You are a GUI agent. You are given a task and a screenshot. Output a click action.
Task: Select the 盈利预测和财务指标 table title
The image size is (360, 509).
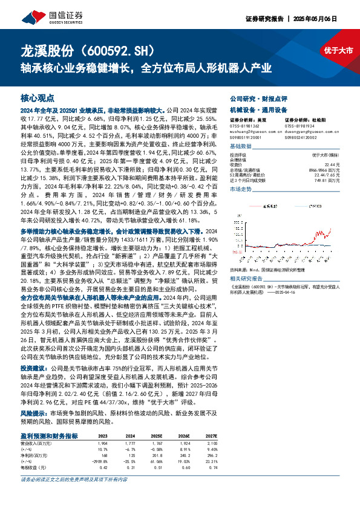pyautogui.click(x=49, y=435)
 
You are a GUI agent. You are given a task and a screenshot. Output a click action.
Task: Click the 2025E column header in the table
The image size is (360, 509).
pyautogui.click(x=157, y=436)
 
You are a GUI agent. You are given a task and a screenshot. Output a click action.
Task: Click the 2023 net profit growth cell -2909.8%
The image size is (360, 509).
pyautogui.click(x=99, y=461)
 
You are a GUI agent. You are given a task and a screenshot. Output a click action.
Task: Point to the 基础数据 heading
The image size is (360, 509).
pyautogui.click(x=241, y=147)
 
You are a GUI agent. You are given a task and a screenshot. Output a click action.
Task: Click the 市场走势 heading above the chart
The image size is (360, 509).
pyautogui.click(x=241, y=189)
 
